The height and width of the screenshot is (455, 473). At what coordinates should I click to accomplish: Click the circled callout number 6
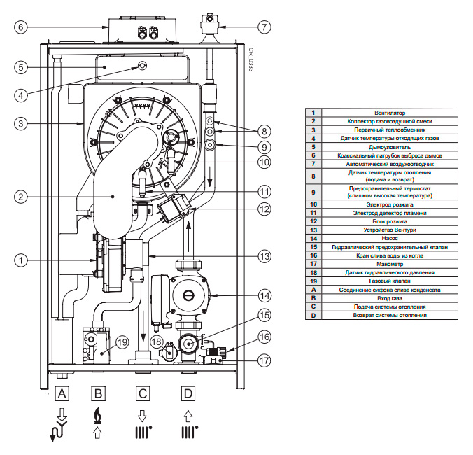coord(21,27)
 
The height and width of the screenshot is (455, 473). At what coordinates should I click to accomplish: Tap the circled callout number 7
coord(264,27)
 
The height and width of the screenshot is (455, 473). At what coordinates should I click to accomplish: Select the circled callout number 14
coord(264,295)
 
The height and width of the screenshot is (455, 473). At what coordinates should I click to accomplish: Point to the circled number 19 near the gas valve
coord(122,342)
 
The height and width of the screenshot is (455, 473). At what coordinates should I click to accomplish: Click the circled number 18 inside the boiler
coord(157,342)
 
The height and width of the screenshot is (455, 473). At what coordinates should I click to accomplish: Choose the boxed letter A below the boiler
coord(62,393)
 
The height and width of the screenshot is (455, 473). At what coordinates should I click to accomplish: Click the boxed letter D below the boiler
coord(188,393)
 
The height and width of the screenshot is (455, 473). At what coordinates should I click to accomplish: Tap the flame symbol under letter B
coord(98,416)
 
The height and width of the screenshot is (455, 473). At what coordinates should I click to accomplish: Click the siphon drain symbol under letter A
coord(59,431)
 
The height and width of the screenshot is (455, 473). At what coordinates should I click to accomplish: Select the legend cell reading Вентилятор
coord(390,113)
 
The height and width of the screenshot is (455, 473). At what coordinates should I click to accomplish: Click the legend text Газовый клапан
coord(390,281)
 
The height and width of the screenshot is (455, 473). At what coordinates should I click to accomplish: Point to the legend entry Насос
coord(390,239)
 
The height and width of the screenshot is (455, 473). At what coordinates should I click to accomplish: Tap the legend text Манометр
coord(390,264)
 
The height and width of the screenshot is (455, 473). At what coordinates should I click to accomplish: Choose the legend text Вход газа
coord(390,298)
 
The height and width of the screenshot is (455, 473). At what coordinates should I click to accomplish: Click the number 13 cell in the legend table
coord(313,230)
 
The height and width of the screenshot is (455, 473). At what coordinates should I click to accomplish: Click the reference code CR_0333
coord(251,59)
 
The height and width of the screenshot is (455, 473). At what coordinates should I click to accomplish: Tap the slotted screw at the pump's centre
coord(188,295)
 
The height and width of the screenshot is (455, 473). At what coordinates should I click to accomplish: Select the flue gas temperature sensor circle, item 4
coord(142,65)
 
